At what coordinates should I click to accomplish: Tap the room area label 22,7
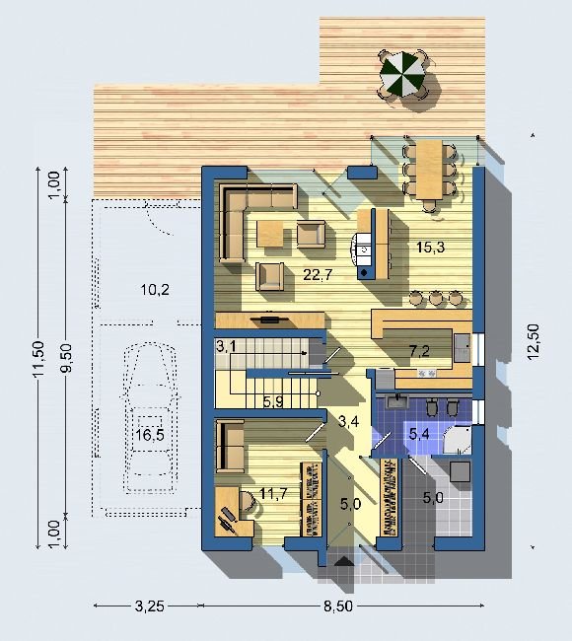coord(318,275)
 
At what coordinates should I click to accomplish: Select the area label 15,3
coord(430,247)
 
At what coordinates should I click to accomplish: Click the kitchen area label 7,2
coord(419,351)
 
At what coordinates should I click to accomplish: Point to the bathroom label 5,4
coord(419,434)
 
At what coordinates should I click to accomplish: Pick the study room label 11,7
coord(273,493)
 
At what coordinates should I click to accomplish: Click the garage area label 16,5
coord(150,435)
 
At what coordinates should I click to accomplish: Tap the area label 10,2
coord(155,290)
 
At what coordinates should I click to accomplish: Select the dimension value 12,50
coord(534,342)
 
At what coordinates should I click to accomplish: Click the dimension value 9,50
coord(66,358)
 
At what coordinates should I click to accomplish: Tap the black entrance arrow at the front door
coord(343,562)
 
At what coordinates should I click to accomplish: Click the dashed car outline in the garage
coord(150,418)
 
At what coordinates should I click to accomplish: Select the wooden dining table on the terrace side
coord(430,170)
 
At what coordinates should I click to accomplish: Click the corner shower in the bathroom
coord(458,440)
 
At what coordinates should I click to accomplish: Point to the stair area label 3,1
coord(226,347)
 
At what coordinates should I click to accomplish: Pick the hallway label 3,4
coord(349,421)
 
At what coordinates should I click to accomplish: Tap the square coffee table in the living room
coord(270,234)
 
